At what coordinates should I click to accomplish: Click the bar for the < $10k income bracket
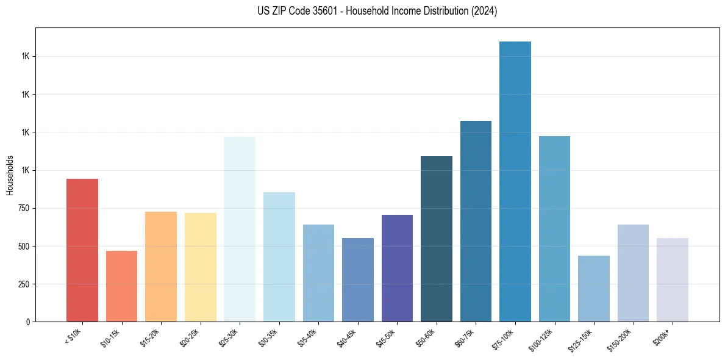coord(82,250)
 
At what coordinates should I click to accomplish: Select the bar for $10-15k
coord(121,286)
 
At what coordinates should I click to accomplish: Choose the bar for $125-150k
coord(594,289)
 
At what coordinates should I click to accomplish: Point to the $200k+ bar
coord(673,280)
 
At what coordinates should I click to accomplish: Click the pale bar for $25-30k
coord(240,229)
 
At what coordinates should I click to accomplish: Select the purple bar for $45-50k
coord(397,268)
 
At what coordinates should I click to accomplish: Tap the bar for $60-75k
coord(476,221)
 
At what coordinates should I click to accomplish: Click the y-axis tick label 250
coord(24,284)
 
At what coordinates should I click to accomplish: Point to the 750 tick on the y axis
coord(24,209)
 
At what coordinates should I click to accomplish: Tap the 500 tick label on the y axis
coord(24,247)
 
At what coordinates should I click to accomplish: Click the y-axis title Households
coord(10,175)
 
